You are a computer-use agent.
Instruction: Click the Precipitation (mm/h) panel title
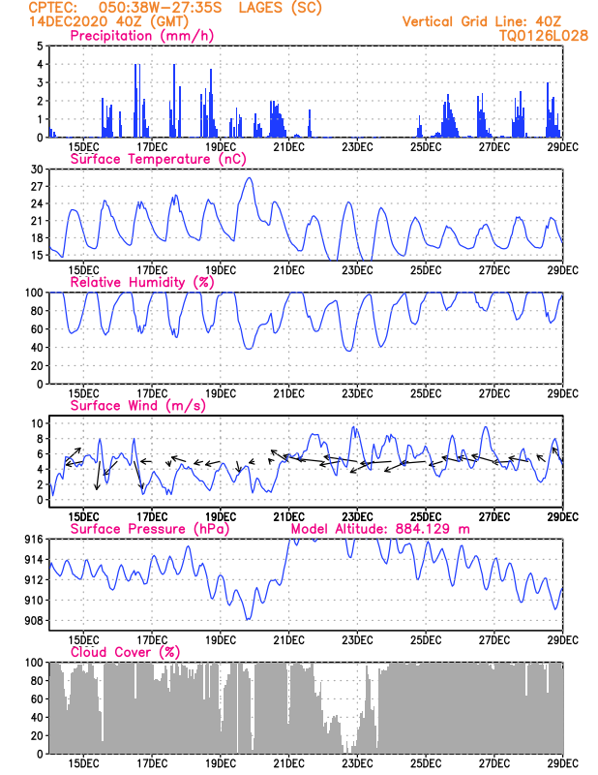[x=141, y=36]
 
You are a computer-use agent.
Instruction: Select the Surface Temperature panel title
[x=158, y=159]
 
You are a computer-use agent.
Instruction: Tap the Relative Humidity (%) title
[x=141, y=282]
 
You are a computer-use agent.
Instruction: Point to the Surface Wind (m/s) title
[x=137, y=406]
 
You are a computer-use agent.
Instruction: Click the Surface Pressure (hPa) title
[x=150, y=529]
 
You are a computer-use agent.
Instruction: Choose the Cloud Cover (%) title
[x=126, y=652]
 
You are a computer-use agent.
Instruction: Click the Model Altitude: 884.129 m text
[x=380, y=529]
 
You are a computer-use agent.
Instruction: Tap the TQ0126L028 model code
[x=544, y=36]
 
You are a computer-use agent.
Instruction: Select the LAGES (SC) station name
[x=280, y=8]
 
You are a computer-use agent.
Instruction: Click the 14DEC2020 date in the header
[x=68, y=21]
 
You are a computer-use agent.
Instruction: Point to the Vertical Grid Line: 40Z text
[x=482, y=21]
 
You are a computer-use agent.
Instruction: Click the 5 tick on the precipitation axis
[x=40, y=46]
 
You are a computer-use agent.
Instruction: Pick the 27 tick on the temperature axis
[x=37, y=186]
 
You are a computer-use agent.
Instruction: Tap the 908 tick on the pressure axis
[x=34, y=621]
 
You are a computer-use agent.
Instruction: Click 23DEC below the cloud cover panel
[x=357, y=763]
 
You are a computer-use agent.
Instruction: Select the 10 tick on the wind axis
[x=37, y=423]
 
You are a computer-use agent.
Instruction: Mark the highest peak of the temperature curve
[x=250, y=178]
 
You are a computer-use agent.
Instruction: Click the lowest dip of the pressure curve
[x=248, y=619]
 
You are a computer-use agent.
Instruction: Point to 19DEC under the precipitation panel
[x=221, y=147]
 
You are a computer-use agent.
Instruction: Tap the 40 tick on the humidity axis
[x=37, y=348]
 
